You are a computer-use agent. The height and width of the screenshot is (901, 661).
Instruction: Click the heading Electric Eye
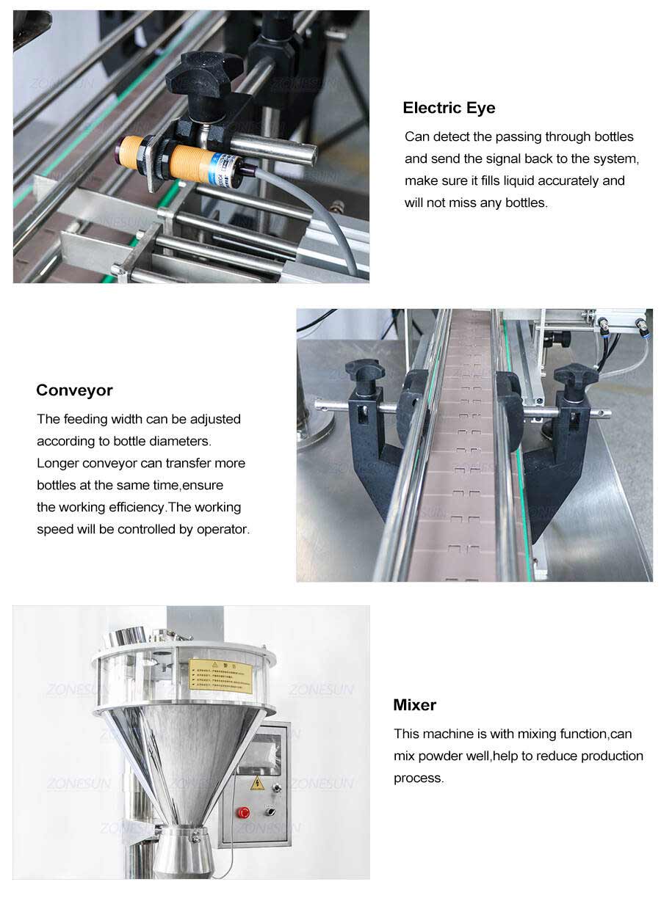(449, 108)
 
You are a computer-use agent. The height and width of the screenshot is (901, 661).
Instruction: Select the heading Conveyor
(74, 390)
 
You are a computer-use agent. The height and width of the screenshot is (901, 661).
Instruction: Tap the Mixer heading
(414, 705)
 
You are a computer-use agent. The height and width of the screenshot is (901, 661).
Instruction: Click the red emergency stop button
(243, 812)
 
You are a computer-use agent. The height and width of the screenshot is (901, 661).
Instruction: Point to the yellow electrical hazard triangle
(257, 784)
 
